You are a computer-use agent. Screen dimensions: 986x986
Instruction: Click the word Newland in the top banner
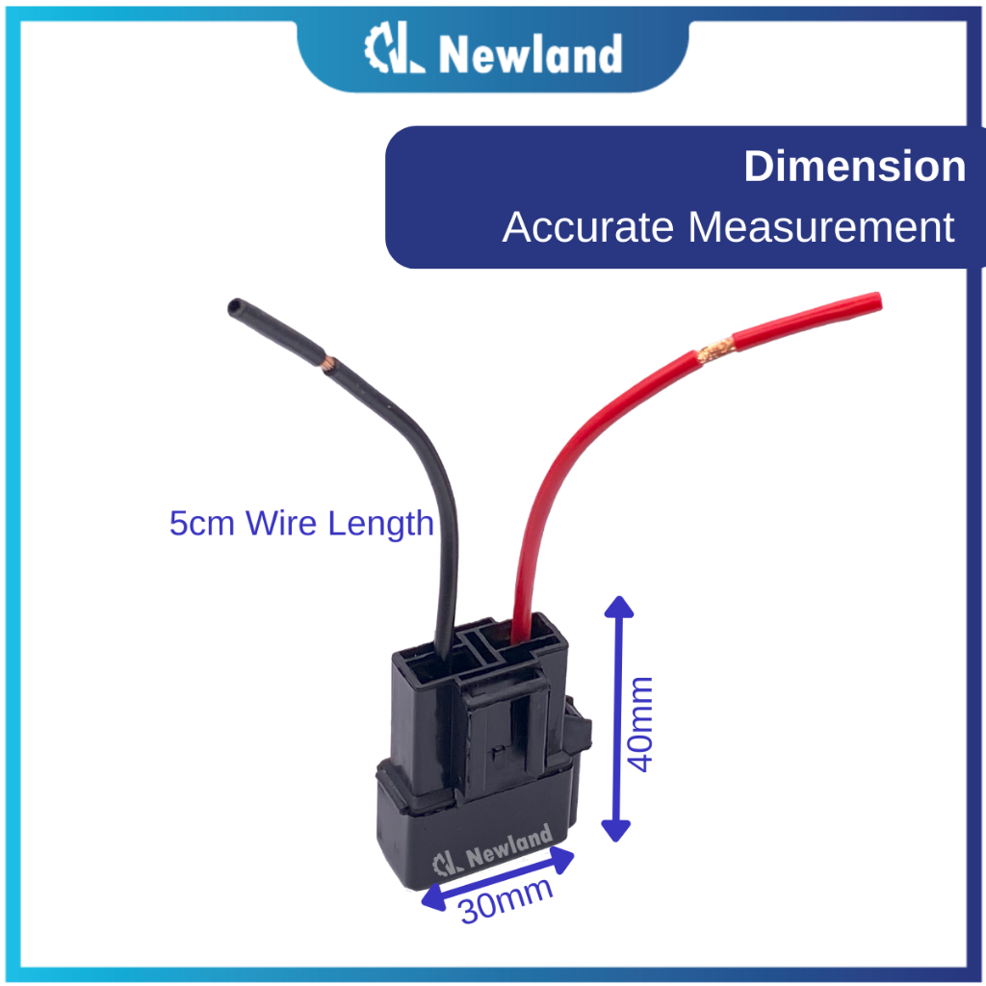(531, 54)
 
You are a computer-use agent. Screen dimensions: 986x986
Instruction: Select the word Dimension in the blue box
(855, 167)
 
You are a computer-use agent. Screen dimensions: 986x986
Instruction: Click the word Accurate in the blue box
(588, 227)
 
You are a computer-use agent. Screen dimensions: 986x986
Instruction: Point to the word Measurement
(821, 227)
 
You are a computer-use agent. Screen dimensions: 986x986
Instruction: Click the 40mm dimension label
(640, 724)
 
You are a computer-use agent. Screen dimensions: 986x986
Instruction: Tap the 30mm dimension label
(506, 900)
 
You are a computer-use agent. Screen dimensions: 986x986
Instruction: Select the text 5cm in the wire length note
(201, 524)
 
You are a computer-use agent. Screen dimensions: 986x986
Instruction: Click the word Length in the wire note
(380, 524)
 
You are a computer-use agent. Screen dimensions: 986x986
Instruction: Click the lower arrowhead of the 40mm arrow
(616, 831)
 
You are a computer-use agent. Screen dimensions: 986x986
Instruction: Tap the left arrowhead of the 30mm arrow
(432, 897)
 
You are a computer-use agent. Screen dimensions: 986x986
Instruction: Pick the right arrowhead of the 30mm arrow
(562, 860)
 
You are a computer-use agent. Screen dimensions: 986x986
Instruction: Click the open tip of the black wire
(235, 307)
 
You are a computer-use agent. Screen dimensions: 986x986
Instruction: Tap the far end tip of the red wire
(875, 301)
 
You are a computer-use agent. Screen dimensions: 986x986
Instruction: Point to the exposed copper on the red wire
(715, 350)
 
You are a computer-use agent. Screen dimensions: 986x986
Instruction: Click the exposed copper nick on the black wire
(327, 363)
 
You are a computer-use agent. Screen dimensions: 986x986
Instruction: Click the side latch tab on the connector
(579, 726)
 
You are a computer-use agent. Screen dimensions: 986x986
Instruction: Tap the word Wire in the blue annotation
(281, 524)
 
